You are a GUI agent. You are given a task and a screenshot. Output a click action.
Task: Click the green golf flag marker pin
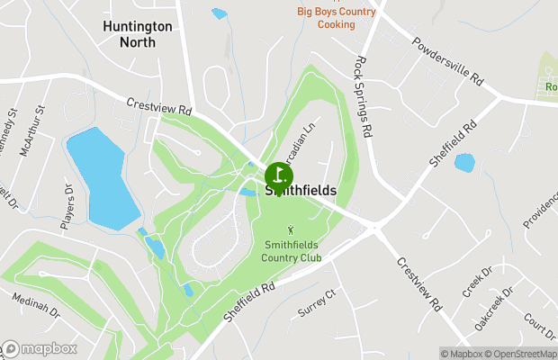coord(279,175)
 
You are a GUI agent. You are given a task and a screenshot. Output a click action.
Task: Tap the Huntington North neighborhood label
coord(137,34)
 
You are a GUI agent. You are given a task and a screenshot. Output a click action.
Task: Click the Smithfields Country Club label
coord(292,251)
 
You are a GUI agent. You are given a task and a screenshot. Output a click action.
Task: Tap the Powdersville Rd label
coord(447,61)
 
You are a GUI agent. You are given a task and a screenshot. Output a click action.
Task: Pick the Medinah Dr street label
coord(35,308)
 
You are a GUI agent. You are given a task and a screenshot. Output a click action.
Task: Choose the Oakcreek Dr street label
coord(494,309)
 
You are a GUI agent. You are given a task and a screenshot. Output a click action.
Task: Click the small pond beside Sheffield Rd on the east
coord(464,163)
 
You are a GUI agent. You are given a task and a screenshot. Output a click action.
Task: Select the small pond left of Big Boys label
coord(219,13)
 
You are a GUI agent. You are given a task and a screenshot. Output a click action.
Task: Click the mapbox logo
coord(39,349)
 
